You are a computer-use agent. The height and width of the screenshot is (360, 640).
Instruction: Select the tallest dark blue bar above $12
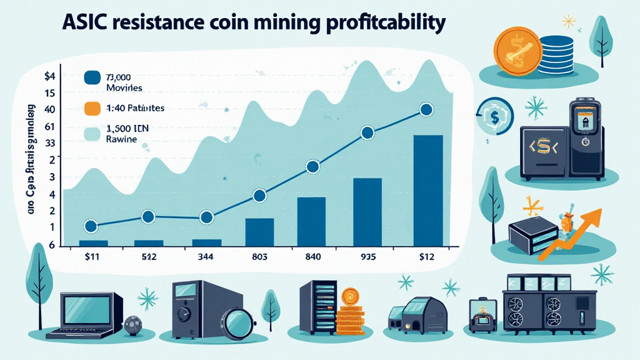pos(428,190)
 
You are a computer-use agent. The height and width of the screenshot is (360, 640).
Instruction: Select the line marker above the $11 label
pos(90,226)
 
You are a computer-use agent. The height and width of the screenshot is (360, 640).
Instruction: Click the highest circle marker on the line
pos(426,109)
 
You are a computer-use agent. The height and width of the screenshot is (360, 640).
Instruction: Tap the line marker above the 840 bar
pos(313,166)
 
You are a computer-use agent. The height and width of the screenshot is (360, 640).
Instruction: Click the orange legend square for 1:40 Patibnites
pos(92,107)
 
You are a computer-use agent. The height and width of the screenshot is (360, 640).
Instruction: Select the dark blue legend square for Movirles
pos(92,77)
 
